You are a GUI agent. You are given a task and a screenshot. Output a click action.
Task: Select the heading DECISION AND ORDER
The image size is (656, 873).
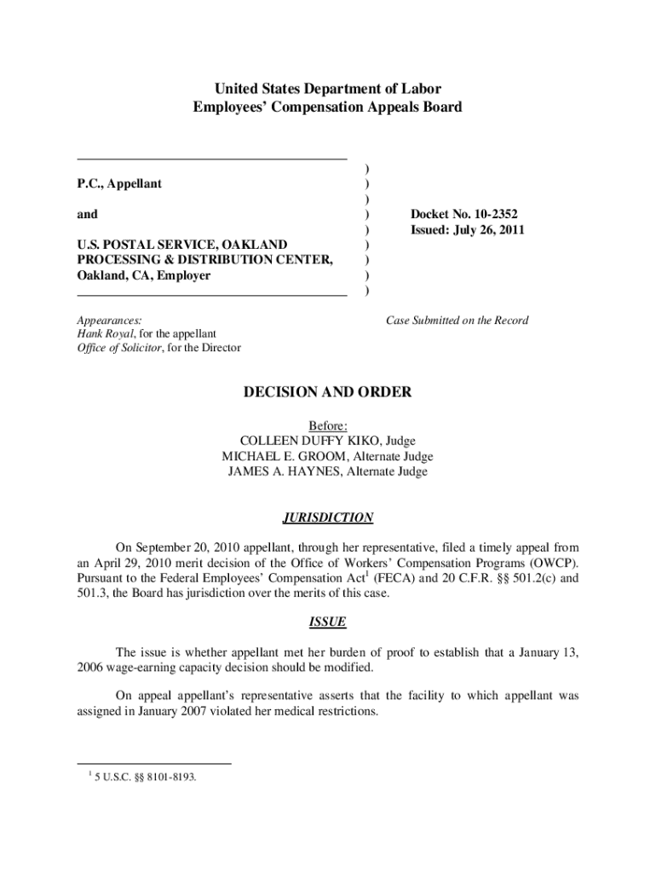point(328,392)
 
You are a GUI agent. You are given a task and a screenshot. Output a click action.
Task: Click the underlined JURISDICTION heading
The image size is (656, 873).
point(328,517)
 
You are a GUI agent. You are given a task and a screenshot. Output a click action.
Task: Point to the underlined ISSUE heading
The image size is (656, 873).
point(328,622)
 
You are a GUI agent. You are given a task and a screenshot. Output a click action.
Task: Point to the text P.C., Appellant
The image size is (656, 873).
point(119,184)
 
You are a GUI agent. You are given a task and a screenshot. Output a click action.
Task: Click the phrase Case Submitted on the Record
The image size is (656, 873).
point(457,321)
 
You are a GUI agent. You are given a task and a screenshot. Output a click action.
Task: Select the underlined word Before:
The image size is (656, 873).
point(328,425)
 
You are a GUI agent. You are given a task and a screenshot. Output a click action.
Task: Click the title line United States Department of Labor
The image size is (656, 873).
point(328,89)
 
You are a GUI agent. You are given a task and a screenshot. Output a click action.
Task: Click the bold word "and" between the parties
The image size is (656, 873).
point(87,215)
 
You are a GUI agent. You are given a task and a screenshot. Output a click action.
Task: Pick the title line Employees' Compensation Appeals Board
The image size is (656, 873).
point(328,107)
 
